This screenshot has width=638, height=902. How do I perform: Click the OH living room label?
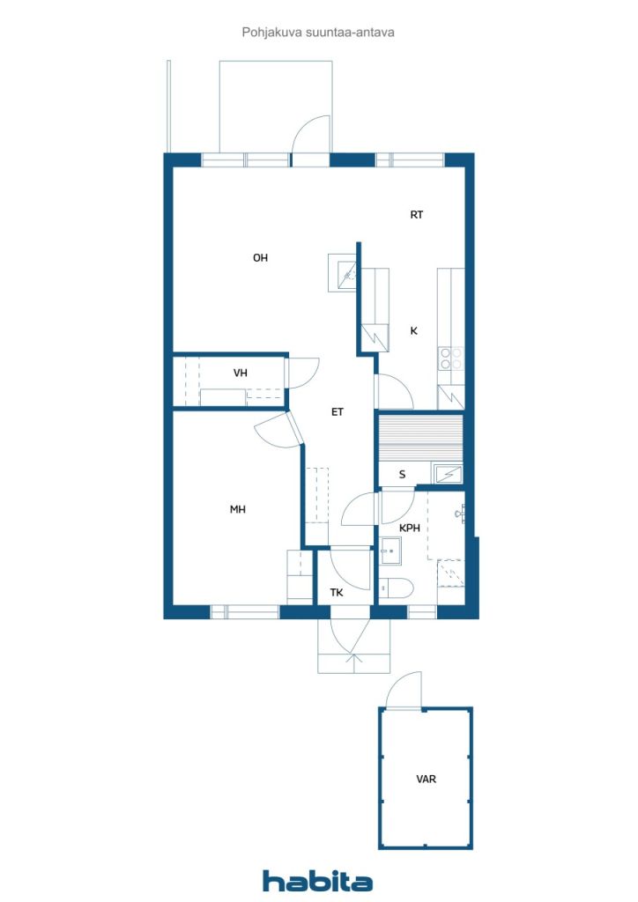point(260,258)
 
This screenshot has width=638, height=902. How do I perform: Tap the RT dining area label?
point(417,215)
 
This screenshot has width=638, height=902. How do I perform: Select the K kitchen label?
point(413,331)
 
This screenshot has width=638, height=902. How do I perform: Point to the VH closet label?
point(241,373)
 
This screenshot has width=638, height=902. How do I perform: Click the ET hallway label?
point(338,412)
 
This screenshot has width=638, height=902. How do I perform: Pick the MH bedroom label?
point(238,509)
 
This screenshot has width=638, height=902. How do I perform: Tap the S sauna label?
point(402,475)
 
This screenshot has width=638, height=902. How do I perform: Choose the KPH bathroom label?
point(410,528)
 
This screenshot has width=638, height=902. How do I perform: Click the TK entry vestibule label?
point(337,592)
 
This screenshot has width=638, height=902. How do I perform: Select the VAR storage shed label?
point(427,779)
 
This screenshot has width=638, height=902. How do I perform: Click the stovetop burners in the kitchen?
point(450,358)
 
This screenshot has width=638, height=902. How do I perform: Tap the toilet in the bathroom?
point(397,588)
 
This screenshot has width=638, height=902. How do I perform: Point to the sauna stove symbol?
point(449,475)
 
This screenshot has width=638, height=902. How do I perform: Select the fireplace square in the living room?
point(343,273)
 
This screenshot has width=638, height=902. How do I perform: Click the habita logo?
point(317,881)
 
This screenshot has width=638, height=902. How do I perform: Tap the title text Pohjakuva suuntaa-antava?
point(318,33)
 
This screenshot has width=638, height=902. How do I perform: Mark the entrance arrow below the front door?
point(353,662)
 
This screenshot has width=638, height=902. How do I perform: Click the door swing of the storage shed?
point(404,690)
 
